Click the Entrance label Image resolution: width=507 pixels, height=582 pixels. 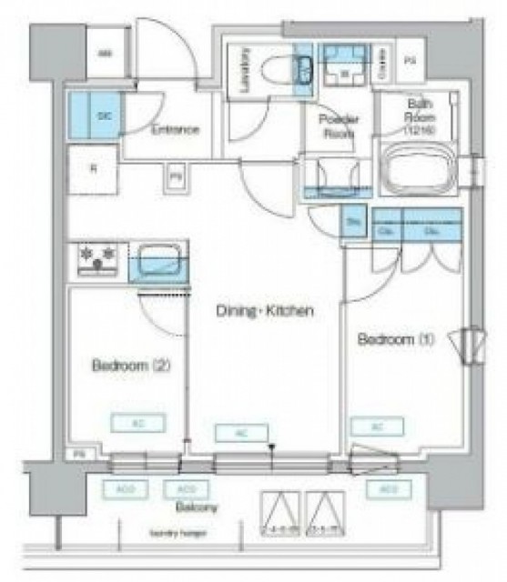[x=176, y=129]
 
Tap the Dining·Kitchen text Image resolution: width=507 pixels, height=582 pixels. [x=265, y=311]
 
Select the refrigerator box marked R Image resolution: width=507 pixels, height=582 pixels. [x=94, y=168]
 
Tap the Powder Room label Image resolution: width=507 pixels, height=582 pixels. [x=337, y=125]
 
